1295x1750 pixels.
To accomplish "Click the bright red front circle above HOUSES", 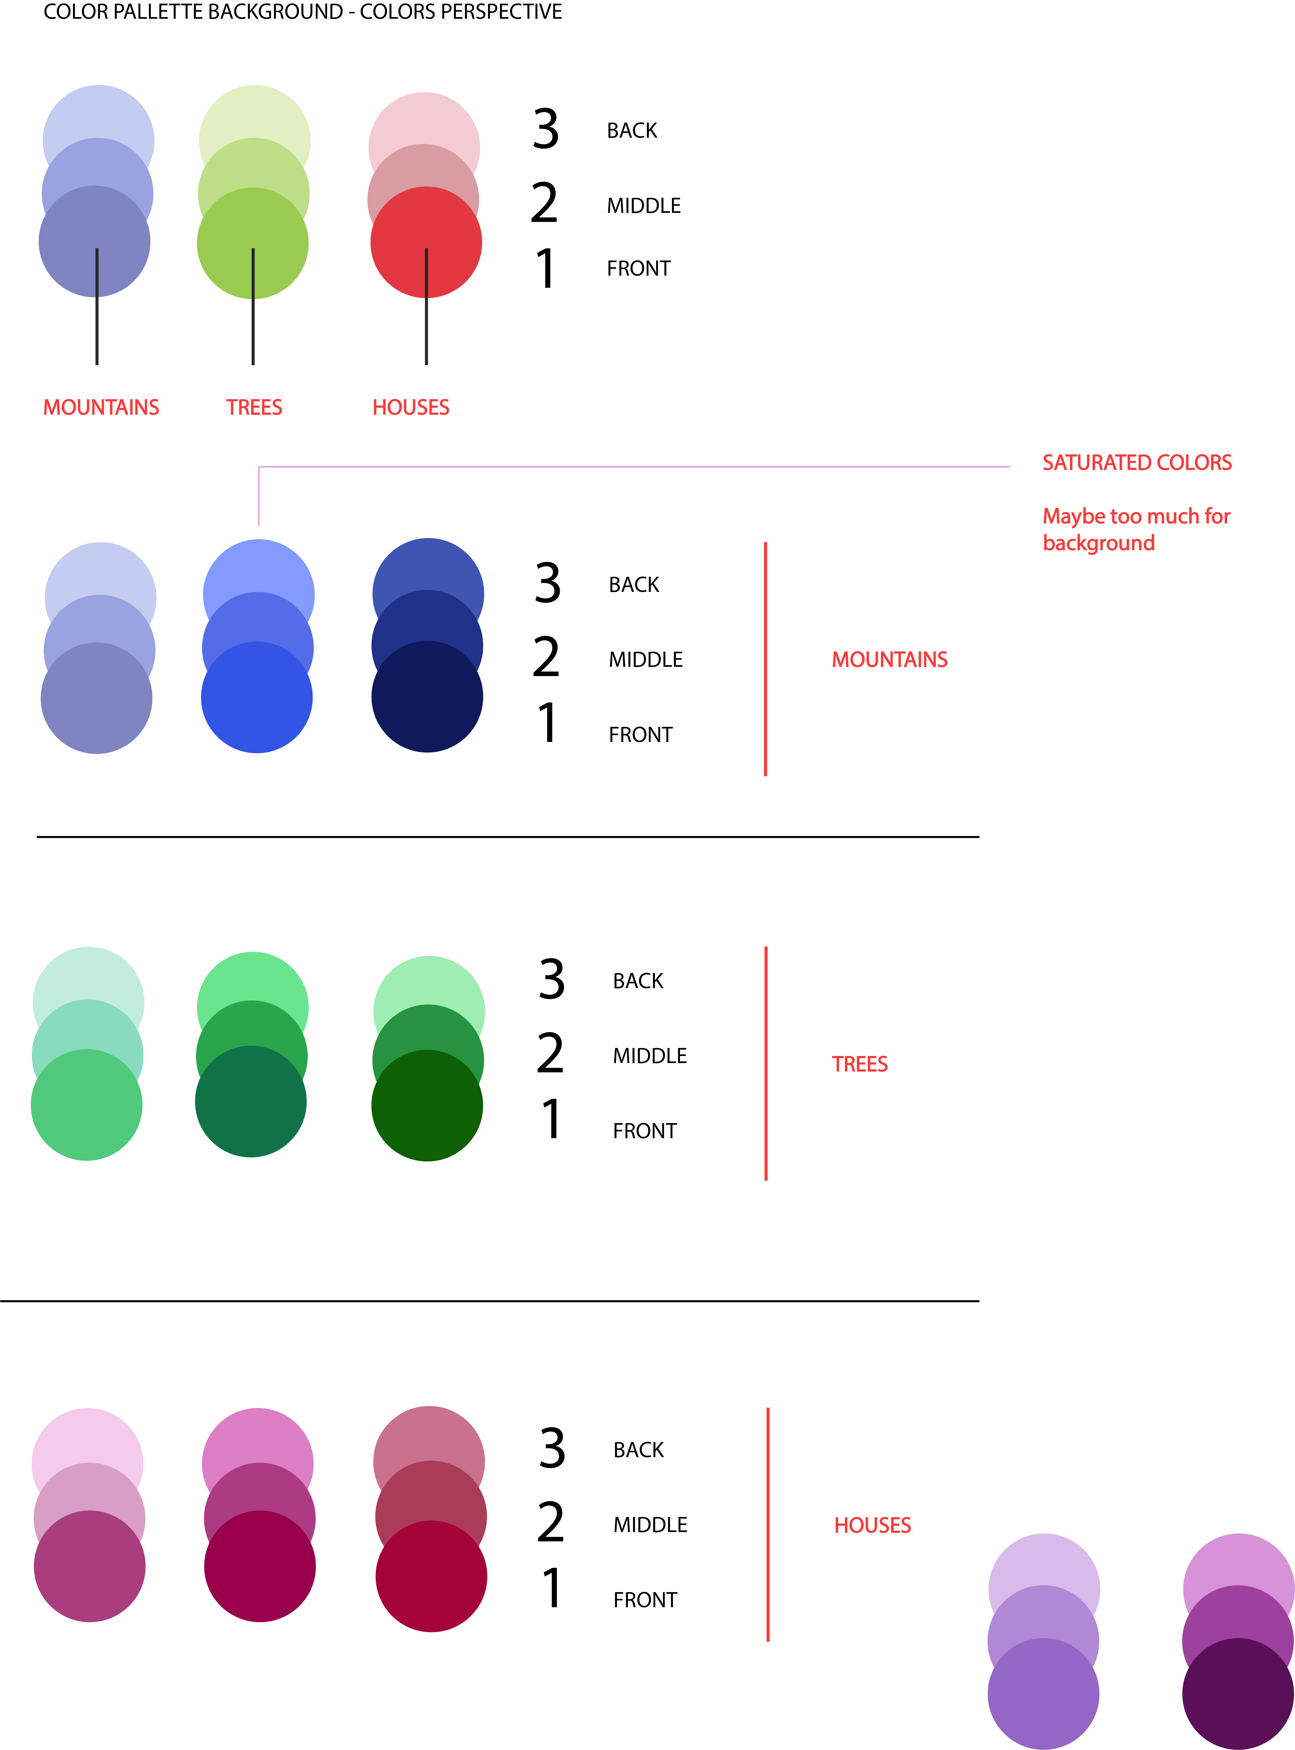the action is [426, 242].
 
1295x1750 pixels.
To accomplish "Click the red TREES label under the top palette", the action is [254, 407].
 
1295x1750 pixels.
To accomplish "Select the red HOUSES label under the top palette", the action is [411, 407].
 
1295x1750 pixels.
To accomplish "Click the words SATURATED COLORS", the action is [1137, 462].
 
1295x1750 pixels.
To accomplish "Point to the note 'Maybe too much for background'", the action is [1136, 530].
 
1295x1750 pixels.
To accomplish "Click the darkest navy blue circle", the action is [427, 697].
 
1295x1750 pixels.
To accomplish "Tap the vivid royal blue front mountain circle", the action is [256, 697].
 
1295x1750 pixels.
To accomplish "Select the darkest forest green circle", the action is [427, 1105].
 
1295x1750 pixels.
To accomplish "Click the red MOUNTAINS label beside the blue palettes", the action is [890, 660].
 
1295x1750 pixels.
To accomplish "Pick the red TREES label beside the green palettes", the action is [860, 1064].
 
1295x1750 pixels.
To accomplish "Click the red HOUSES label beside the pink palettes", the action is [872, 1525].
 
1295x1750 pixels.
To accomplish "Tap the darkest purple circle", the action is [1238, 1694].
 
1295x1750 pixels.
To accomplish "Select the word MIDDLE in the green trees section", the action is [650, 1056].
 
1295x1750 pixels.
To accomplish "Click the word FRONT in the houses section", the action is [645, 1599].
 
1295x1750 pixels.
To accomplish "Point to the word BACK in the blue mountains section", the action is [634, 585].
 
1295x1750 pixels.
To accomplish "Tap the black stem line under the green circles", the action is [253, 307].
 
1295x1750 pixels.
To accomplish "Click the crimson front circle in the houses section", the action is [431, 1576].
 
